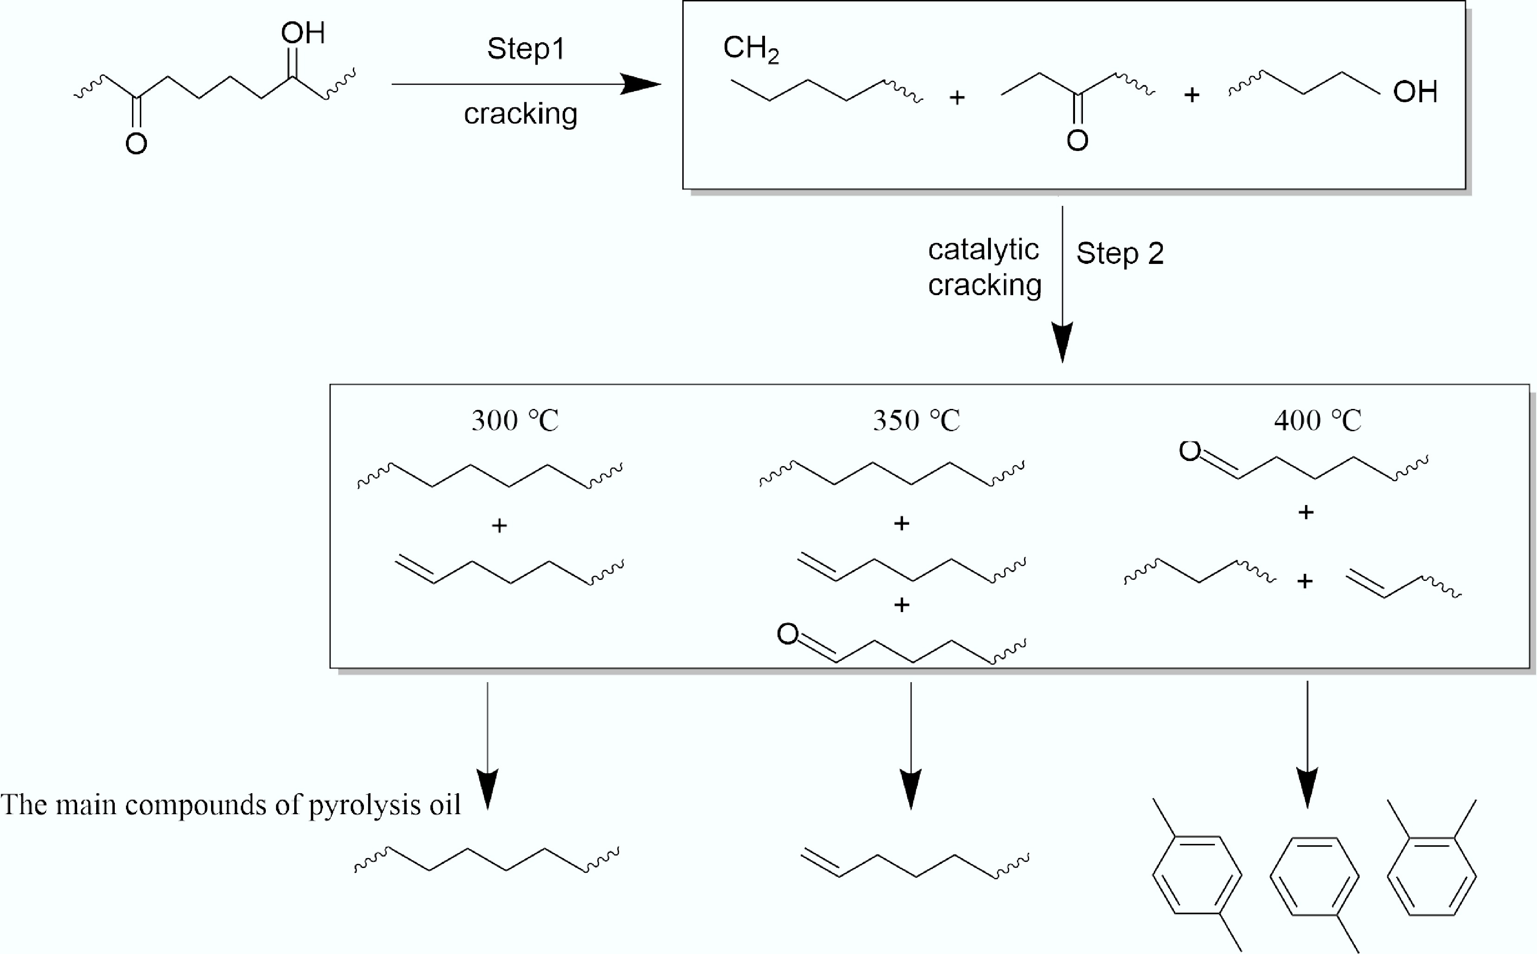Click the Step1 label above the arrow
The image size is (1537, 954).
[x=526, y=49]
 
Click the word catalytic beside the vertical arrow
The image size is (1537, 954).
[x=983, y=250]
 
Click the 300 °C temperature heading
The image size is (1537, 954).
[x=515, y=420]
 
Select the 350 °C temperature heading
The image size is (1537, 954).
[x=916, y=420]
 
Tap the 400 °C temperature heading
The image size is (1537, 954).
[x=1318, y=420]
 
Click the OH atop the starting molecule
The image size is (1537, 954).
[x=303, y=33]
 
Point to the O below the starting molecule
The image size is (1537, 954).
[x=136, y=144]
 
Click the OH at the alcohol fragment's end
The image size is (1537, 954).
[x=1415, y=92]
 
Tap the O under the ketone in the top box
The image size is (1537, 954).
[x=1077, y=140]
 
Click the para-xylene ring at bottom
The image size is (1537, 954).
[x=1197, y=875]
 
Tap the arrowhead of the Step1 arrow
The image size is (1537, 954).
[x=640, y=84]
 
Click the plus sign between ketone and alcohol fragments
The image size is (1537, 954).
[x=1191, y=95]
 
